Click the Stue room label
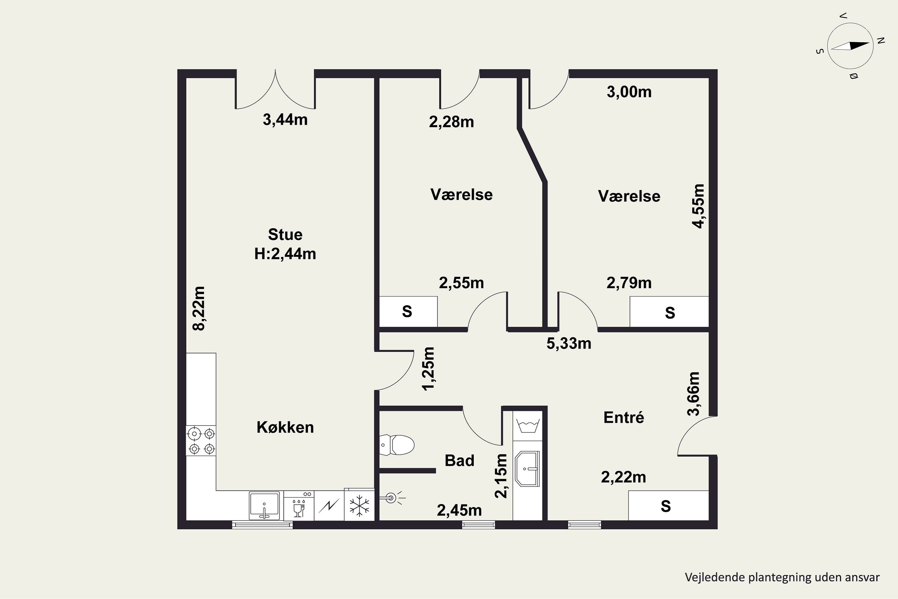click(285, 234)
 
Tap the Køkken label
click(285, 427)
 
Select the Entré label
click(624, 417)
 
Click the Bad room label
click(459, 460)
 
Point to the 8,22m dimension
click(199, 308)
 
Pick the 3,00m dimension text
click(629, 92)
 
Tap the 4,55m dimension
click(698, 206)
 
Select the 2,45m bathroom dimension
click(459, 510)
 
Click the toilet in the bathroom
click(397, 445)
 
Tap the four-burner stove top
click(201, 441)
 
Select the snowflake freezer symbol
click(359, 506)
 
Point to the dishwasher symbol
click(298, 506)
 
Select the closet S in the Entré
click(666, 506)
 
